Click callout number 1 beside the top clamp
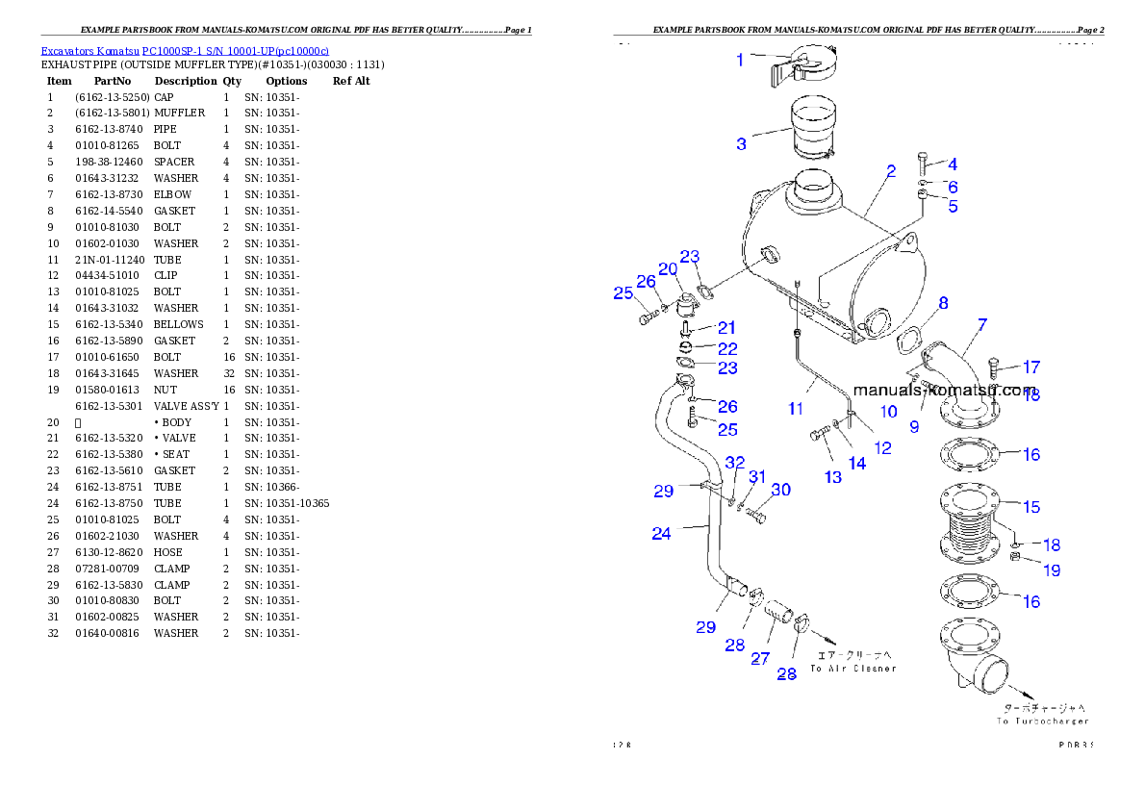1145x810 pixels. click(739, 60)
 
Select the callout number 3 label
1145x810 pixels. click(741, 144)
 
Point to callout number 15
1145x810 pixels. click(1031, 507)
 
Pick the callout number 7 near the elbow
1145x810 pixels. click(981, 325)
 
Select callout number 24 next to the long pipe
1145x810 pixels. click(661, 533)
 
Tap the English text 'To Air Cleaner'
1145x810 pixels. click(852, 668)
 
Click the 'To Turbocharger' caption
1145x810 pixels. click(1043, 721)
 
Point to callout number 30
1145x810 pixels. click(780, 491)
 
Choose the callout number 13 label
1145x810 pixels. click(832, 476)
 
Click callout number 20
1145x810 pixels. click(668, 269)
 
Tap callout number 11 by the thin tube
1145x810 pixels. click(796, 409)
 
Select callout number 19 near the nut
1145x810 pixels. click(1052, 570)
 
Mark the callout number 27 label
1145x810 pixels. click(760, 659)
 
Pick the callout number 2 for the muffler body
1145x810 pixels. click(891, 171)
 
